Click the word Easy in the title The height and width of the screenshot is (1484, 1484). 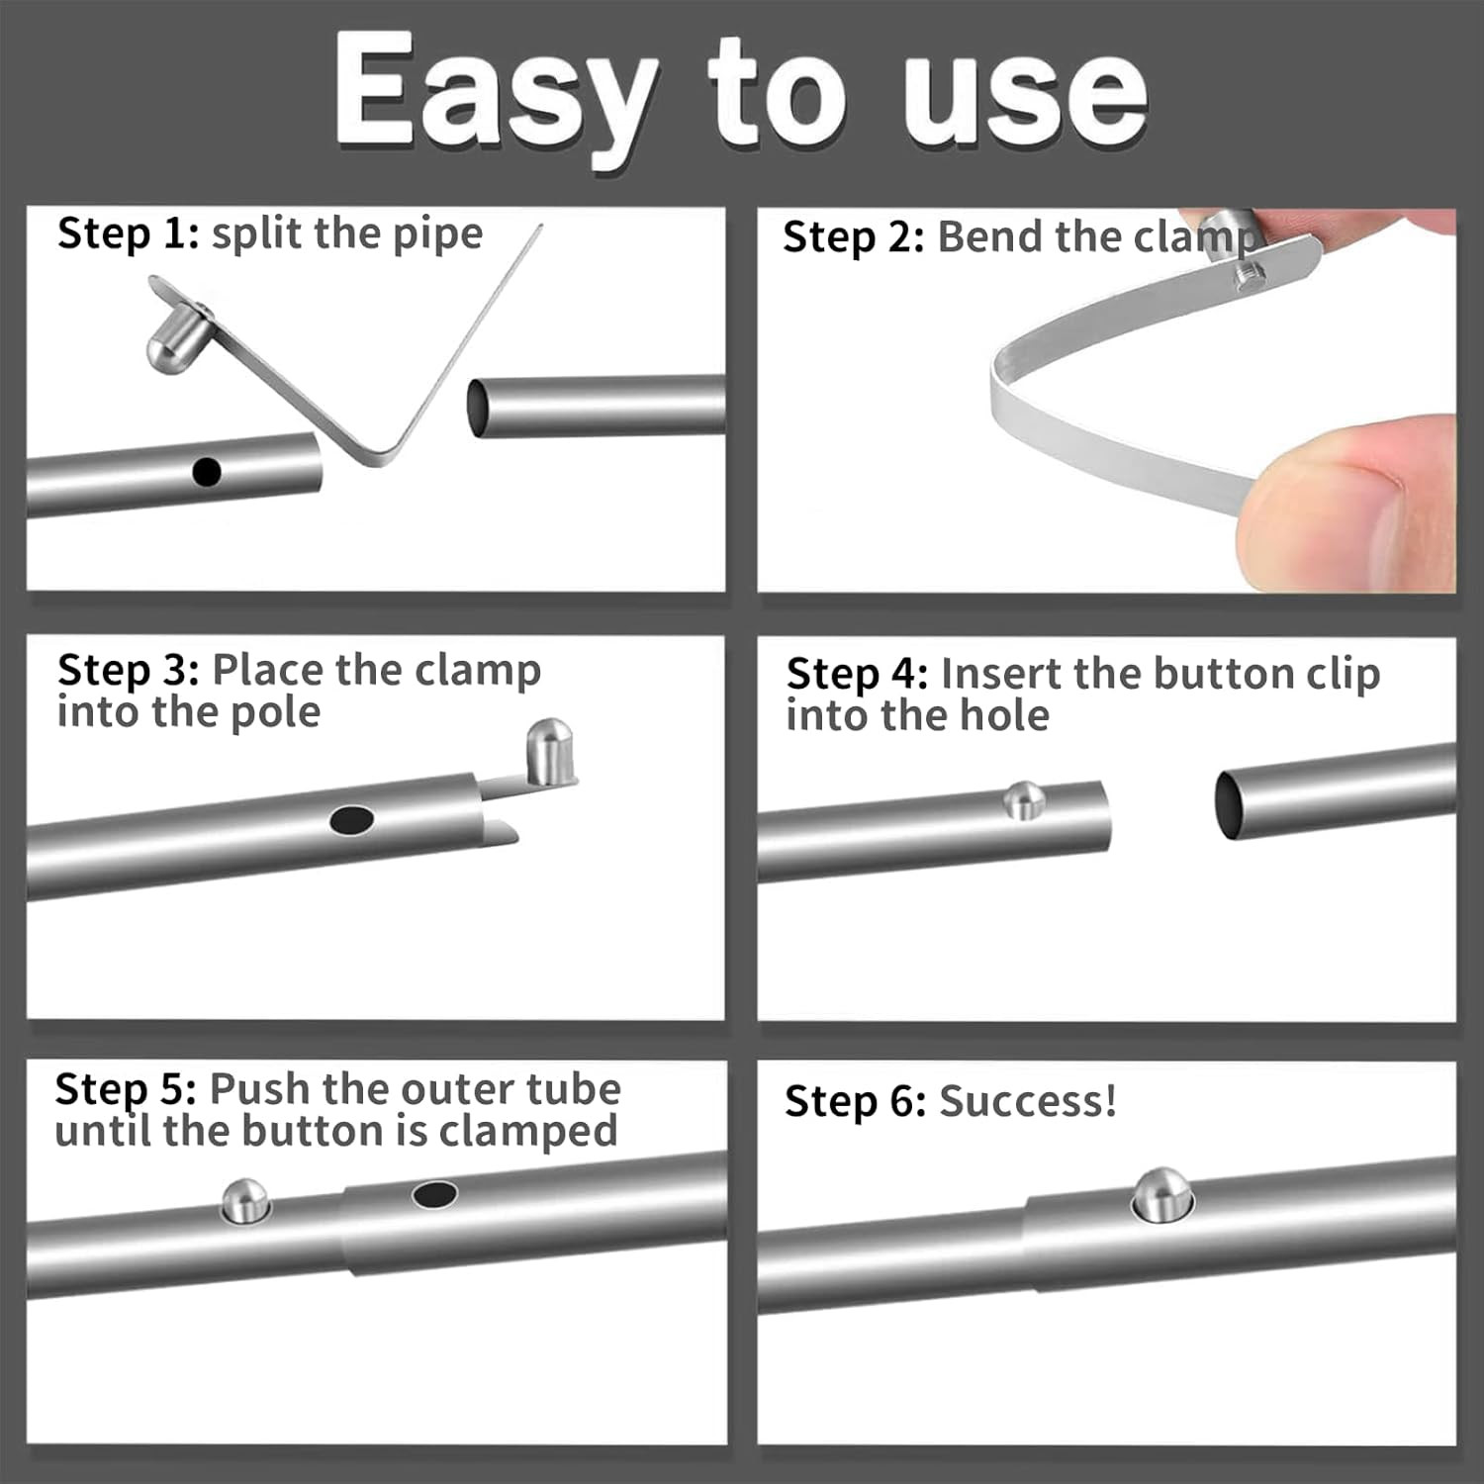click(495, 94)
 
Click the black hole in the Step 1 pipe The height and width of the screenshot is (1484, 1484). click(206, 472)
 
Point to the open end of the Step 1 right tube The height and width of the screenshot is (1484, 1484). click(478, 408)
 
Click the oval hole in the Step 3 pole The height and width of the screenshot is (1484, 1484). click(351, 820)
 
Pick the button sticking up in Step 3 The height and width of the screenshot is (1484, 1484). click(548, 752)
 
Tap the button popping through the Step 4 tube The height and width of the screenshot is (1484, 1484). click(1024, 799)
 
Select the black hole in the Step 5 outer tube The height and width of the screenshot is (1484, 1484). click(434, 1195)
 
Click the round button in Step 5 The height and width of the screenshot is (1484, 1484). click(244, 1200)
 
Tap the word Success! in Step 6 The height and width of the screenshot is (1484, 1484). click(1027, 1102)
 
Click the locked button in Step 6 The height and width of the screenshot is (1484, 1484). click(1162, 1194)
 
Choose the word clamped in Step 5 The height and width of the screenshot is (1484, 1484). click(528, 1132)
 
